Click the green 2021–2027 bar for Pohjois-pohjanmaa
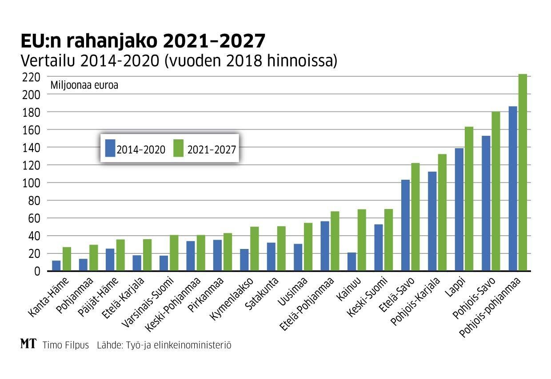click(x=523, y=173)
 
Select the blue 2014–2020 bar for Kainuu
click(x=351, y=262)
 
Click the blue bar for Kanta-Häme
click(x=56, y=266)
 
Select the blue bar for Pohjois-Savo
click(x=486, y=204)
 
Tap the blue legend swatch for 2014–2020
click(x=110, y=148)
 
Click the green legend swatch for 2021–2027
click(x=178, y=148)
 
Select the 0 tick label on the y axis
click(x=37, y=271)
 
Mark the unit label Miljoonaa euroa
click(x=85, y=85)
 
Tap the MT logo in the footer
click(x=28, y=344)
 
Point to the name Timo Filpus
click(x=66, y=345)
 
